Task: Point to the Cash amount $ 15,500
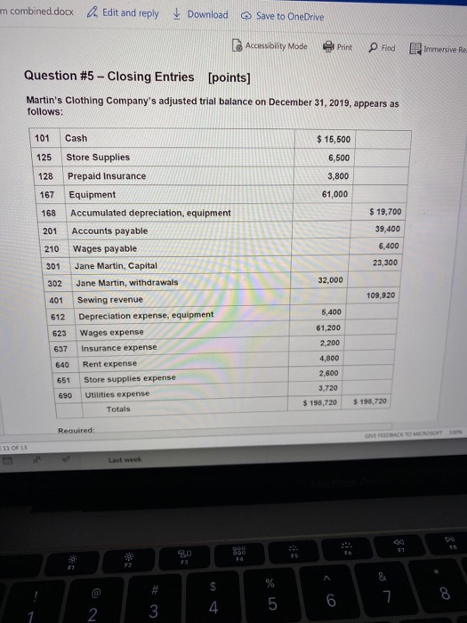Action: point(334,140)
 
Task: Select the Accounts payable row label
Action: point(109,231)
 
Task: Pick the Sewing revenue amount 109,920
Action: point(379,295)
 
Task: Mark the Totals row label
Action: point(117,409)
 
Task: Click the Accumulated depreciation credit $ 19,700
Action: point(384,212)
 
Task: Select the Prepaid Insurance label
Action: point(106,176)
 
